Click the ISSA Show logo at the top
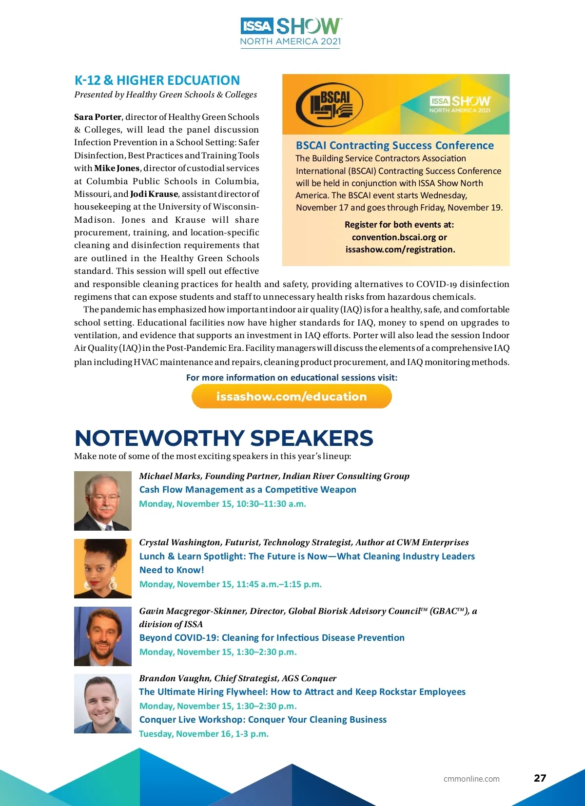[x=291, y=32]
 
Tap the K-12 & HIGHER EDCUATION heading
[x=157, y=80]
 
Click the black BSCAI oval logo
[x=330, y=104]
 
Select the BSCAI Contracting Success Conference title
[x=394, y=145]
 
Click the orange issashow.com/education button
[x=292, y=396]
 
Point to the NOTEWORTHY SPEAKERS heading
[x=224, y=438]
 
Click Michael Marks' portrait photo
[x=103, y=500]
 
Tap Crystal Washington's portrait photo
[x=103, y=568]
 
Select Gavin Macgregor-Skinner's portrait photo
[x=103, y=636]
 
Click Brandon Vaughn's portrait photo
[x=103, y=703]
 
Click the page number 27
[x=540, y=778]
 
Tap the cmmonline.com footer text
[x=471, y=779]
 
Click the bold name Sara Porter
[x=97, y=117]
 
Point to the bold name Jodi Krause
[x=154, y=194]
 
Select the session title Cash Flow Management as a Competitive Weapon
[x=248, y=489]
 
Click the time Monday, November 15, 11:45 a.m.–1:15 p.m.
[x=230, y=584]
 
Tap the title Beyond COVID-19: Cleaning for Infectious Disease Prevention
[x=272, y=637]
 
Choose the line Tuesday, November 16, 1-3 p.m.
[x=204, y=733]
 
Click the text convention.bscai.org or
[x=399, y=237]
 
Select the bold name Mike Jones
[x=117, y=168]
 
